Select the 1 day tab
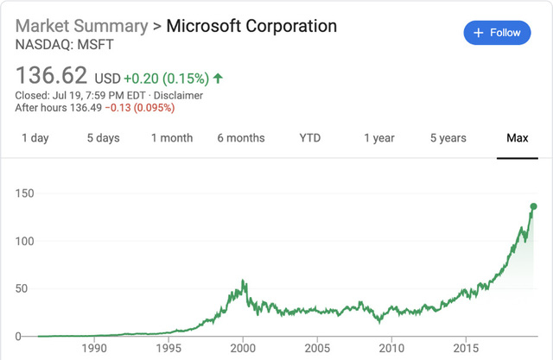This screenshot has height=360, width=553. coord(35,138)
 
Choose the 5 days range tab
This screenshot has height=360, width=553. coord(103,138)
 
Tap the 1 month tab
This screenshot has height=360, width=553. coord(172,138)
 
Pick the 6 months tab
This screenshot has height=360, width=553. coord(241,138)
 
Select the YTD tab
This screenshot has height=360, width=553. coord(309,138)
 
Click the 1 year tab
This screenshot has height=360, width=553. coord(379,138)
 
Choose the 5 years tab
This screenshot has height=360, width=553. coord(448,138)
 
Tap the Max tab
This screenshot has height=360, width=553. coord(518,138)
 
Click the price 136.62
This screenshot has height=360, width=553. coord(51,75)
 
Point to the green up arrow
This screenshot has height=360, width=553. coord(218,79)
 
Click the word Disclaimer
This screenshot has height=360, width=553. coord(178,95)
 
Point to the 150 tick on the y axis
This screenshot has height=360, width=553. coord(25,194)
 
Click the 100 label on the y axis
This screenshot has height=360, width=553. coord(25,242)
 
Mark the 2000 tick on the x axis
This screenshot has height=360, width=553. coord(243,348)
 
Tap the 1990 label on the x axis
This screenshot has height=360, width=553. coord(94,348)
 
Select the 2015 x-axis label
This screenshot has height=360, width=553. coord(466,348)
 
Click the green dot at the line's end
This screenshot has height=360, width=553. coord(533,206)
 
